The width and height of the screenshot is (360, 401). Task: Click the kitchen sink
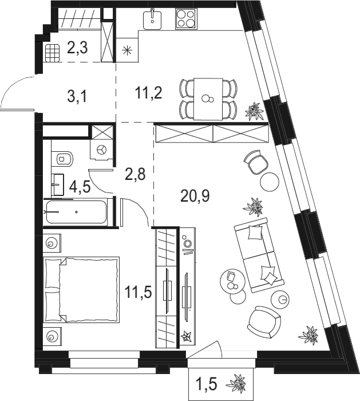(153, 19)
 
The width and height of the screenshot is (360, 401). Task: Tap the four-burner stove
(186, 19)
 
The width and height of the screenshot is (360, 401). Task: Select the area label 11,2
(148, 93)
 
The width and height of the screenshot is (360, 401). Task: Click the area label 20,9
(195, 196)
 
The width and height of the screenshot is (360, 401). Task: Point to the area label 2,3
(77, 48)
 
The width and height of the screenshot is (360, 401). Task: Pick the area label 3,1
(77, 97)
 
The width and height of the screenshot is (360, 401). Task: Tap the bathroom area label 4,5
(80, 187)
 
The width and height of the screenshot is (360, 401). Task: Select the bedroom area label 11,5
(139, 292)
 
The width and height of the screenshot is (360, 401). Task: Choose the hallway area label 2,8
(135, 174)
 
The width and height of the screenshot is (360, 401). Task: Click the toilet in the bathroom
(62, 159)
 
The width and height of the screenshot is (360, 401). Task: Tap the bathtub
(76, 212)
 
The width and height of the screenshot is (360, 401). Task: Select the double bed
(81, 290)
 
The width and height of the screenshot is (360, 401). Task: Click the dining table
(208, 99)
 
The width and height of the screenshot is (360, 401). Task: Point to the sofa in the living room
(259, 255)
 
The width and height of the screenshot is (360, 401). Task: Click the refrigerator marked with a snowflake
(127, 50)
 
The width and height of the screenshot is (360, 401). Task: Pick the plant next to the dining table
(254, 111)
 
